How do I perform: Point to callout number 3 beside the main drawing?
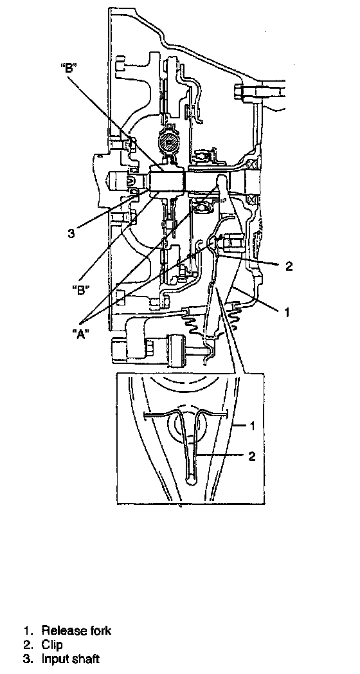coord(71,234)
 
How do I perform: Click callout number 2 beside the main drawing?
coord(288,266)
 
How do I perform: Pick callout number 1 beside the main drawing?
coord(286,312)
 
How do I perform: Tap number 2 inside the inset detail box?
coord(252,456)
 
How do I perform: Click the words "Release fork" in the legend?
coord(76,630)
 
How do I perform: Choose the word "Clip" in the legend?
coord(52,644)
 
